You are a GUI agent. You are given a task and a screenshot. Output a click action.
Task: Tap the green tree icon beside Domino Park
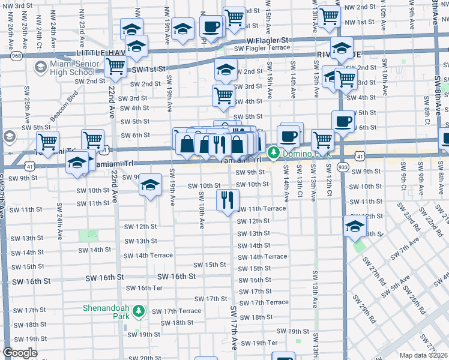point(274,152)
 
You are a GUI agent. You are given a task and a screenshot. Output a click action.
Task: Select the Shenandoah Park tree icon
point(139,311)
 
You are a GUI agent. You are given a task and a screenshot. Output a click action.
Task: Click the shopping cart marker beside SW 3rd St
point(223,95)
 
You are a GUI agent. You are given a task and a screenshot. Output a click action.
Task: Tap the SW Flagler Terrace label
point(262,49)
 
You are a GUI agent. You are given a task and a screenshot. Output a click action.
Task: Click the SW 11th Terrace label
point(261,209)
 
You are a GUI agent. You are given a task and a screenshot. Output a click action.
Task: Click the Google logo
point(20,353)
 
